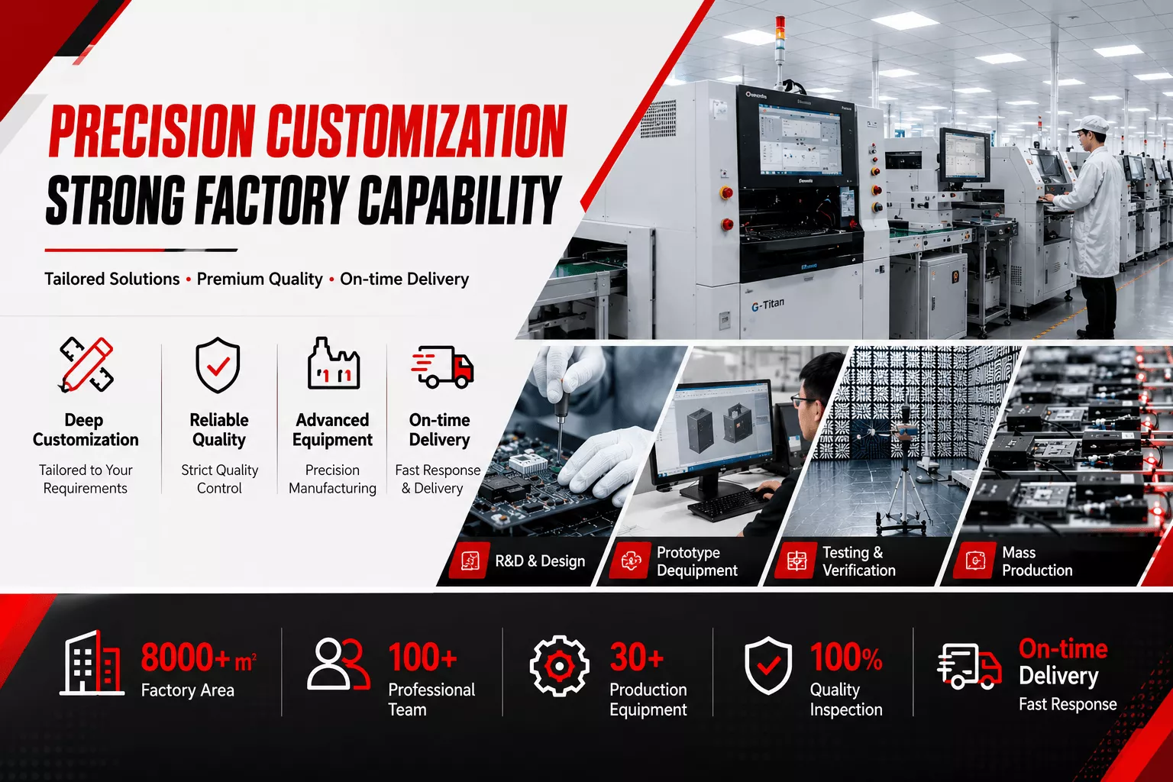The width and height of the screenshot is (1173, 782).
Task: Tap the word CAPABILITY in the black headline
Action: click(459, 200)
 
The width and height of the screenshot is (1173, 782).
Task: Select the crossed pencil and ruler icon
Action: click(86, 364)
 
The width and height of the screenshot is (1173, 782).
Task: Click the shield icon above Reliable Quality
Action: click(218, 364)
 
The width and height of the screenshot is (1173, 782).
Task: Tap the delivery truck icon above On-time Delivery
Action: click(442, 367)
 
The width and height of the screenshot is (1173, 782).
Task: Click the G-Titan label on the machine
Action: click(767, 304)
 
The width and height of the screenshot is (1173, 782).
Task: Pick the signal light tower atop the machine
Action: click(780, 50)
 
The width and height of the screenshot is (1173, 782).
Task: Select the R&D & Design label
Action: click(540, 561)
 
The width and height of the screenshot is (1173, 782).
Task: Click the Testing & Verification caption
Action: click(859, 561)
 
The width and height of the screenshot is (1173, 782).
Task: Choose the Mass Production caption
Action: click(1037, 561)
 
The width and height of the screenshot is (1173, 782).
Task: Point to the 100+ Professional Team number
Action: click(422, 657)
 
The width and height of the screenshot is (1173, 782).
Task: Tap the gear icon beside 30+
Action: click(559, 666)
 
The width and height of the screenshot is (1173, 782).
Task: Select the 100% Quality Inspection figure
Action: click(846, 657)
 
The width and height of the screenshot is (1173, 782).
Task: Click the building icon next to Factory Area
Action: click(92, 663)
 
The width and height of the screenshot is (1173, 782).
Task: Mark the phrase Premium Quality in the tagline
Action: click(260, 280)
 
